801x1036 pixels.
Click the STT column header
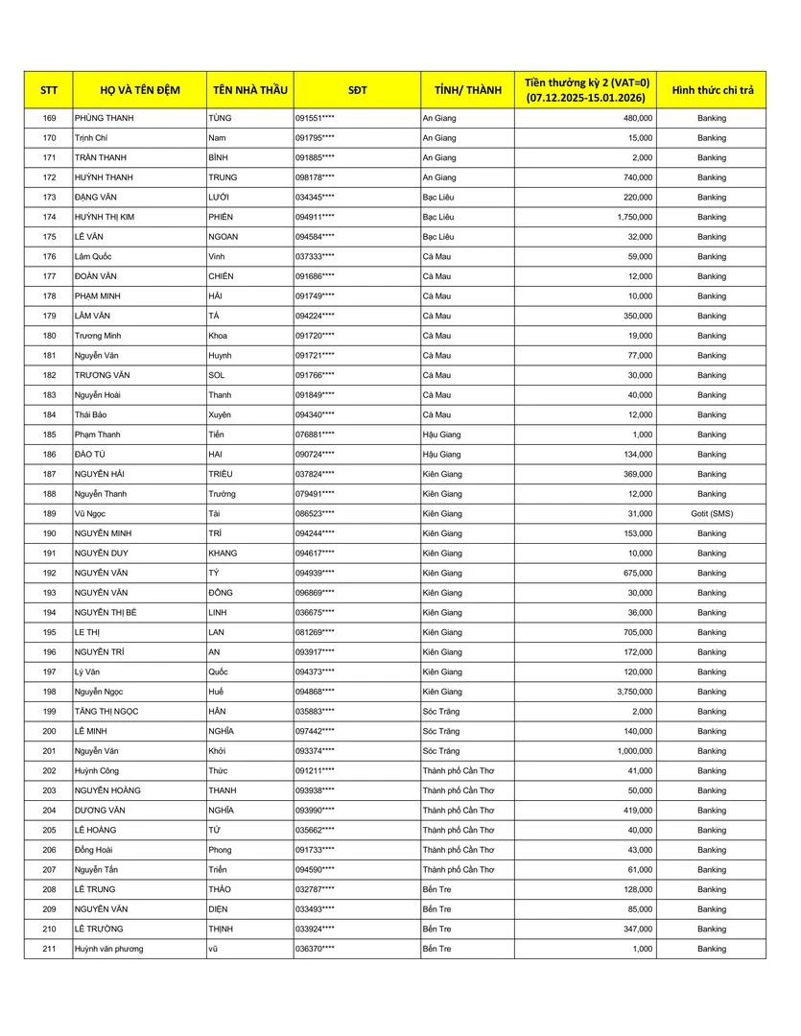pos(49,89)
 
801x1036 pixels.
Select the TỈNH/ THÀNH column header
pos(467,89)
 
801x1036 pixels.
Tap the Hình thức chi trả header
pos(712,89)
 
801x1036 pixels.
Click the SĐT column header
pos(357,89)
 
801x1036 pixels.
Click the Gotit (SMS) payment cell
pos(712,513)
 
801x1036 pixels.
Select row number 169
pos(50,118)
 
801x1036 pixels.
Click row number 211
pos(50,949)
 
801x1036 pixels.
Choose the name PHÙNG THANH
pos(104,118)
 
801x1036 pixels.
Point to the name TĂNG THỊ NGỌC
pos(110,712)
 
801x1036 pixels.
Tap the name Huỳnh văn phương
pos(108,949)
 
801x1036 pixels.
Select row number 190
pos(50,533)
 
